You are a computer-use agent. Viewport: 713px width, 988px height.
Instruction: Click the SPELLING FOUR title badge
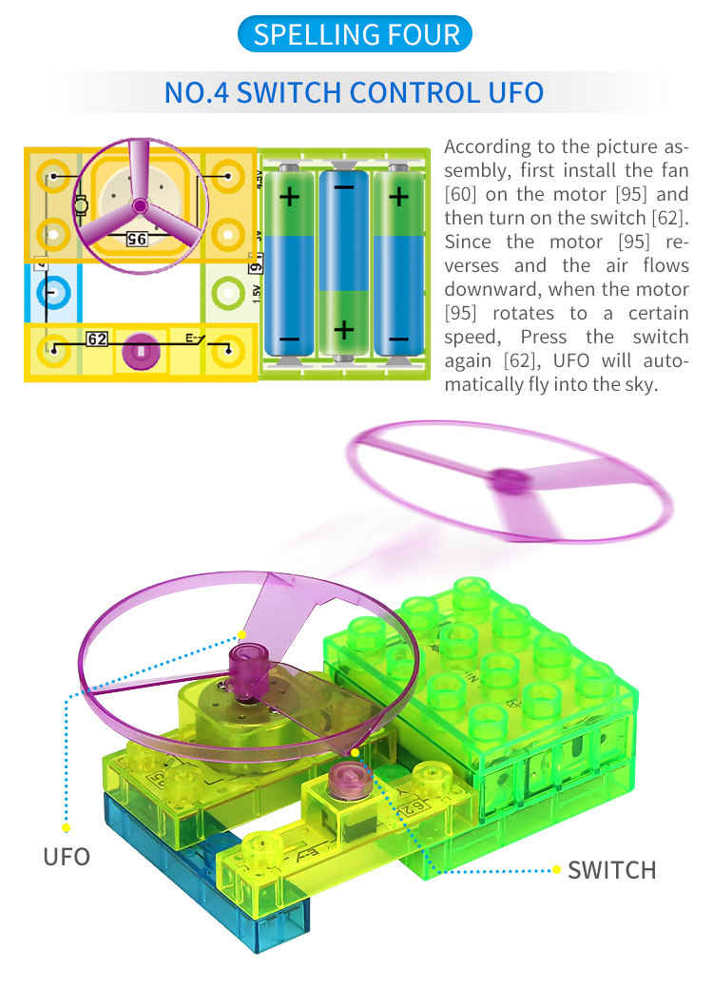click(355, 34)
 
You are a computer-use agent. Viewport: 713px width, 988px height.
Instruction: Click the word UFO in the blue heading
click(516, 92)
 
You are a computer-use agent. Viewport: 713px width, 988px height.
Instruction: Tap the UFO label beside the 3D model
click(67, 857)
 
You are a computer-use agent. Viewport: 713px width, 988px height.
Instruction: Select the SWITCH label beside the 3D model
click(611, 870)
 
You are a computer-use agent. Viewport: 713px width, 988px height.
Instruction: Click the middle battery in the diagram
click(343, 262)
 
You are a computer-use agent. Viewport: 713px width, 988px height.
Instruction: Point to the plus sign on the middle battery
click(343, 330)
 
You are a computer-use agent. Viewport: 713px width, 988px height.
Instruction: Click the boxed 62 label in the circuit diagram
click(97, 339)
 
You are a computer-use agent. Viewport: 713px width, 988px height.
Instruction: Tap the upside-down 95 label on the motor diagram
click(137, 240)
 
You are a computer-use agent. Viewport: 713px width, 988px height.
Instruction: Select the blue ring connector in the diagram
click(53, 292)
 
